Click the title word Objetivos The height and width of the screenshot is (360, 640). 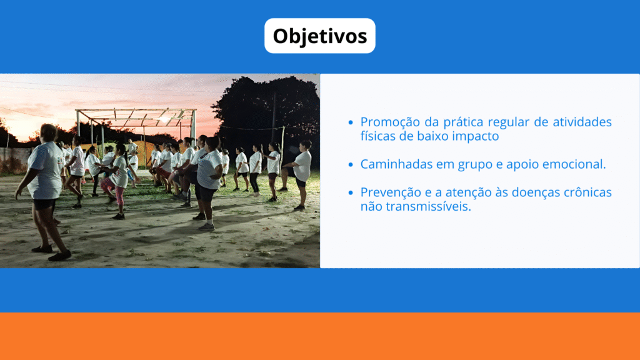pyautogui.click(x=320, y=36)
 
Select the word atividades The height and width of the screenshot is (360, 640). pyautogui.click(x=582, y=122)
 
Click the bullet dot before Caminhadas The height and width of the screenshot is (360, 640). pyautogui.click(x=351, y=164)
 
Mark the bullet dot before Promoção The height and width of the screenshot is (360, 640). pyautogui.click(x=351, y=122)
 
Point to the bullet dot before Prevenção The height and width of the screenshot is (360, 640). pyautogui.click(x=351, y=192)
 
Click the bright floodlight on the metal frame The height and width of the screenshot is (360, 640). pyautogui.click(x=164, y=119)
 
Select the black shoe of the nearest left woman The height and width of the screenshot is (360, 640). pyautogui.click(x=59, y=256)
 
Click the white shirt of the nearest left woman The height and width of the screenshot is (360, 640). pyautogui.click(x=46, y=170)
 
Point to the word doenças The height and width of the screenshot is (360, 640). pyautogui.click(x=535, y=192)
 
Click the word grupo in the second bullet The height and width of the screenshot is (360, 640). pyautogui.click(x=475, y=165)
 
